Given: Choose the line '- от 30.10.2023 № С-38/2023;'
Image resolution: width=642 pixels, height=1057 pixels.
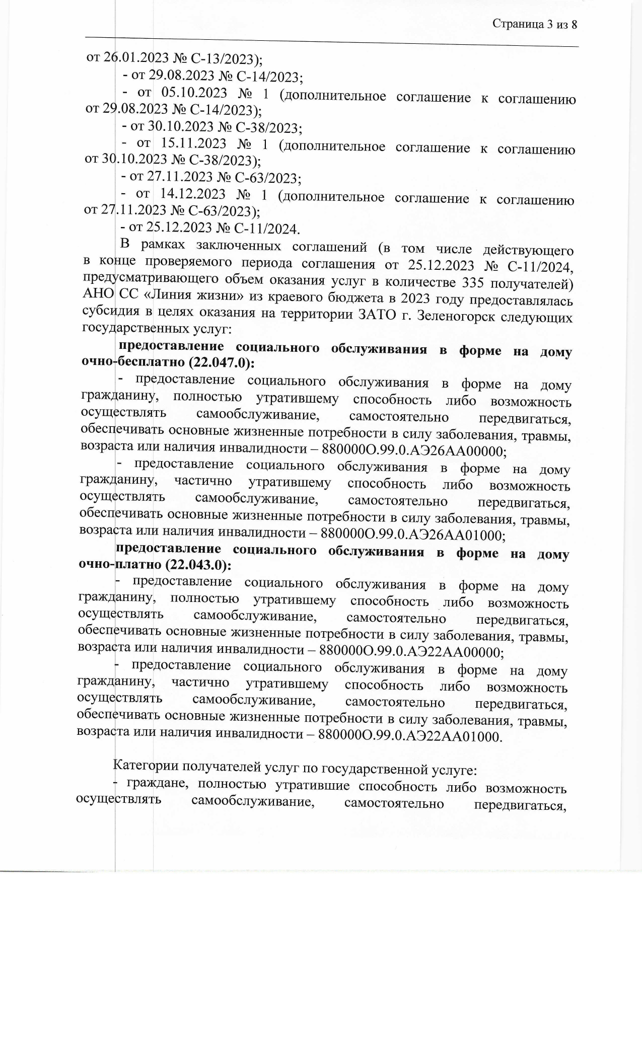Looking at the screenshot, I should (212, 127).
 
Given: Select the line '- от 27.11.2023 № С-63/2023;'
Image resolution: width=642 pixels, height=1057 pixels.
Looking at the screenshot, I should (211, 178).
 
